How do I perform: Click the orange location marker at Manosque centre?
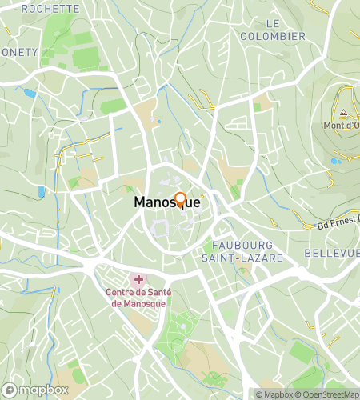[x=180, y=200]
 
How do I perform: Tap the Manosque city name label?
[x=166, y=203]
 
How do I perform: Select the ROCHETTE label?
[x=50, y=8]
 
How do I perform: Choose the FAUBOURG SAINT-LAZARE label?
[x=249, y=250]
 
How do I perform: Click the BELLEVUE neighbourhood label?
[x=332, y=253]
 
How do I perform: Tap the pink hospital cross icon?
[x=138, y=279]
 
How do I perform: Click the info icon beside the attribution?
[x=248, y=394]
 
